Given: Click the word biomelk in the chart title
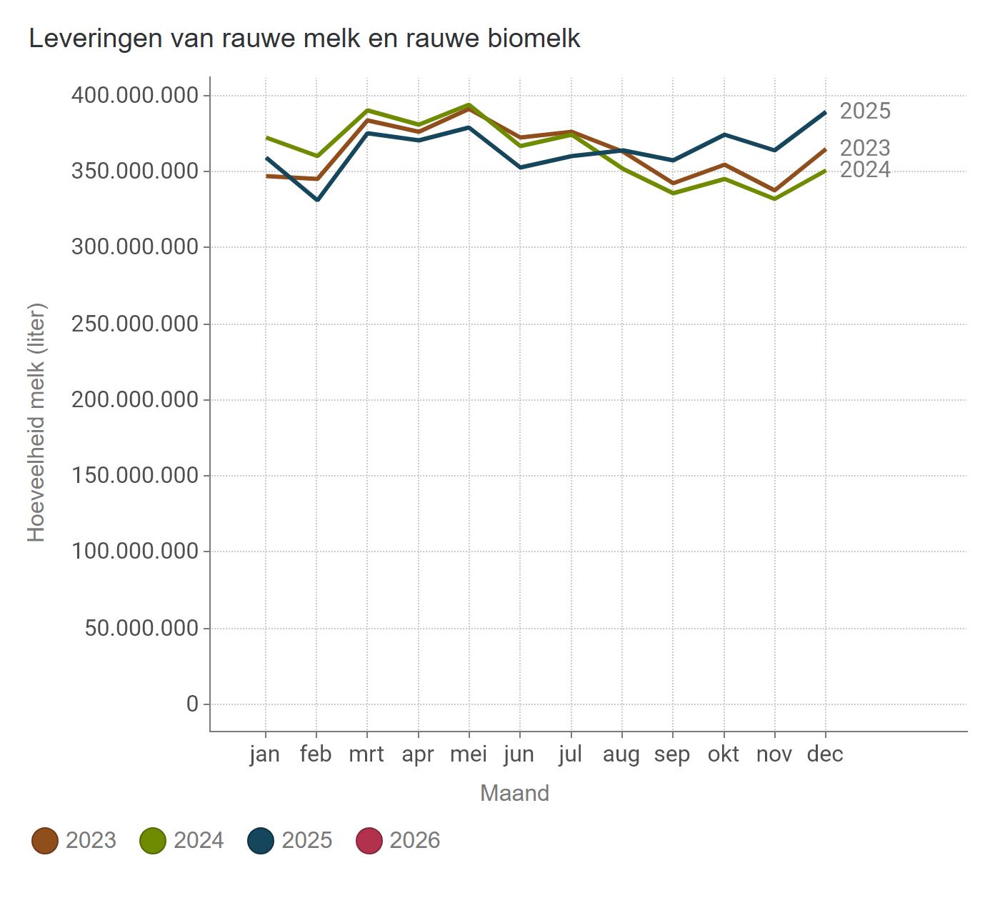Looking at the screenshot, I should pos(534,39).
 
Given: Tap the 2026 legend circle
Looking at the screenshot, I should pos(369,840).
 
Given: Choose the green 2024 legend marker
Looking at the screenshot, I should pos(153,840).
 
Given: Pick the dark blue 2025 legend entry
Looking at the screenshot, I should pos(261,840).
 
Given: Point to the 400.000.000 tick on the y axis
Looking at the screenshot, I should pos(134,95).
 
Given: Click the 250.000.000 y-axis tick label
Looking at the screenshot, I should pos(134,324).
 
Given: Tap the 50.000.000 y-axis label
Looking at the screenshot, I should pos(141,628).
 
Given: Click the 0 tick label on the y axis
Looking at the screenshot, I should pos(192,704).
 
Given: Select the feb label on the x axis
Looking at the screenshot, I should pos(316,754).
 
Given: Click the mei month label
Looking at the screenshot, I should pos(469,754).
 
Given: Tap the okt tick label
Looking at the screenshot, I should pos(724,754).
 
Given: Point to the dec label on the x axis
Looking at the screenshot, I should pos(825,754).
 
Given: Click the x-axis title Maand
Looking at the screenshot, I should pos(514,793).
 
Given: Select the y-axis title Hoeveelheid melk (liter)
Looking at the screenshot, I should pos(36,422).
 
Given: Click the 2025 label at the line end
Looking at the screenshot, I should pos(865,111).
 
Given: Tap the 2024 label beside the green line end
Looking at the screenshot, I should pos(865,170).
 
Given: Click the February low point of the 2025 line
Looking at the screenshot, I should pos(316,200).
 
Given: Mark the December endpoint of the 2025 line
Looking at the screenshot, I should pos(825,112).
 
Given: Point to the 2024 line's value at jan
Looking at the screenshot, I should pos(266,137).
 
